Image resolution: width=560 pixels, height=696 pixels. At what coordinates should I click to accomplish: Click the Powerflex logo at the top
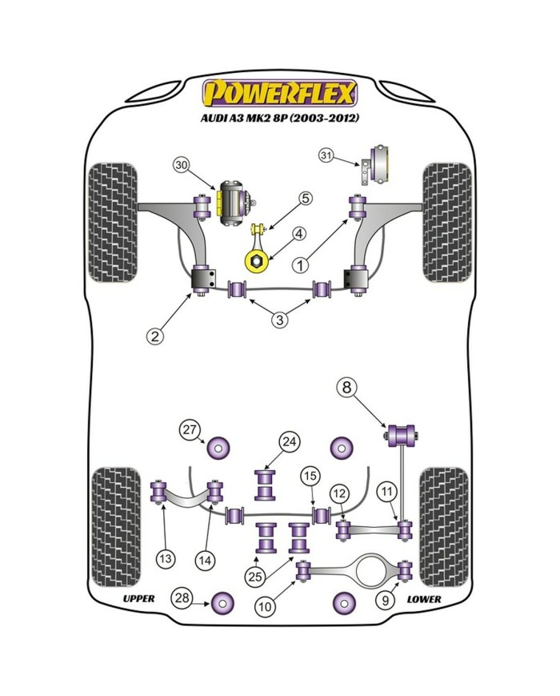point(279,94)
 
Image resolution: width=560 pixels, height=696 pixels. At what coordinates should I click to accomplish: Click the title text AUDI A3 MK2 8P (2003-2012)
point(279,118)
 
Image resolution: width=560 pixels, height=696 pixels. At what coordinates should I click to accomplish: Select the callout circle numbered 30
point(182,166)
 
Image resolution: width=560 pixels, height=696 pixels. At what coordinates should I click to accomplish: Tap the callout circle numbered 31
point(349,155)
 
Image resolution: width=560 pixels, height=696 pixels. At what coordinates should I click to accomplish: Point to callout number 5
point(306,198)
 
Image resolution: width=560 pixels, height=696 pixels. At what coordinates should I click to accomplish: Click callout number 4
point(298,234)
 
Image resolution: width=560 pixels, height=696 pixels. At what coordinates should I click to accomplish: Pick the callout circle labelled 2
point(155,336)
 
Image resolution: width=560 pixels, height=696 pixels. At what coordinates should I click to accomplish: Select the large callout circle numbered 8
point(346,388)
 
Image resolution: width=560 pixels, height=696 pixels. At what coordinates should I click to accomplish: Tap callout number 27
point(189,429)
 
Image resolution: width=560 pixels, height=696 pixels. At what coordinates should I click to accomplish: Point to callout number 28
point(182,598)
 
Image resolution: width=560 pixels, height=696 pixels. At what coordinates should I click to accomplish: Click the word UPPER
point(138,598)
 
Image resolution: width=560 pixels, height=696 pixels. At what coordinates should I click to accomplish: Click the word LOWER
point(423,598)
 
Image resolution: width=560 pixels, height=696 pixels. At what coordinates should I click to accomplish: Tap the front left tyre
point(114,222)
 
